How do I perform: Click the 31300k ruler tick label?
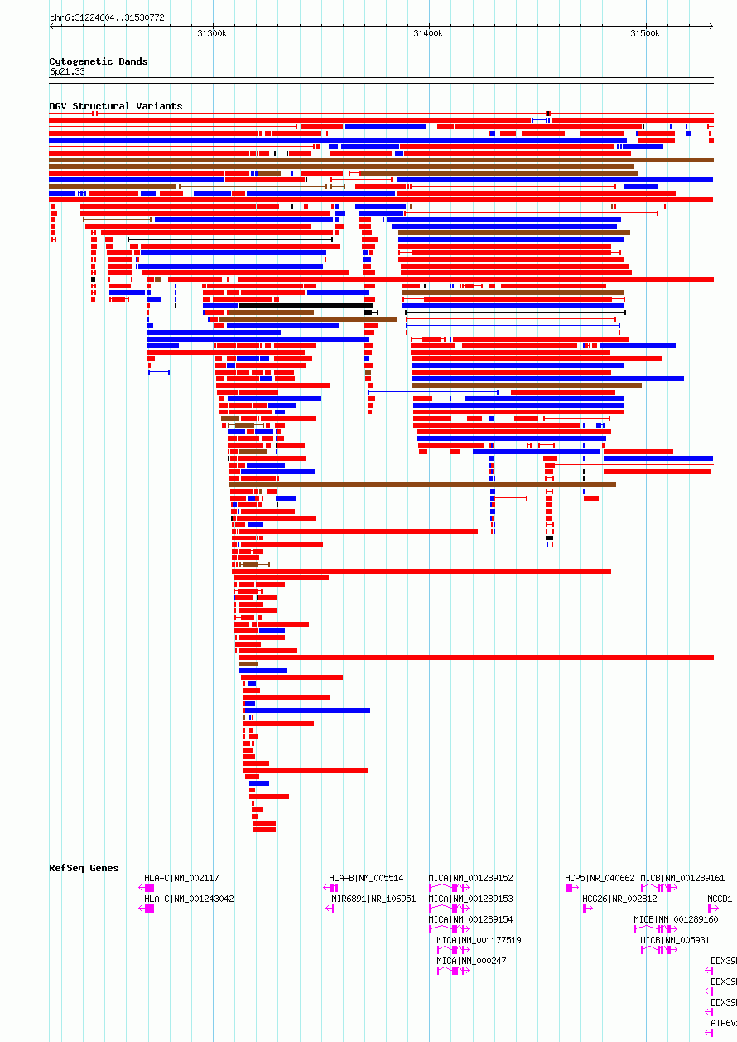point(212,33)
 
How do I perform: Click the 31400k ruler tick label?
point(428,33)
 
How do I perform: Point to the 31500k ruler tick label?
point(645,33)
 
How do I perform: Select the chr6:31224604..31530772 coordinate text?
point(107,17)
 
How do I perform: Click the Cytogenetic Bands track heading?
point(98,61)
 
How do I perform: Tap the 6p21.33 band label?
point(67,72)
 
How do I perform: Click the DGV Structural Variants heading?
point(115,106)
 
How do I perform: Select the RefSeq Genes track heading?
point(84,868)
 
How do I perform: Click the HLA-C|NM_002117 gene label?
point(181,878)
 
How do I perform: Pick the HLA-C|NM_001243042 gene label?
point(189,899)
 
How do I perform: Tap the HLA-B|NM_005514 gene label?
point(366,878)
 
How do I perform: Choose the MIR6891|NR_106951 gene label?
point(373,899)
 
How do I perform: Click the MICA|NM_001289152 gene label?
point(470,878)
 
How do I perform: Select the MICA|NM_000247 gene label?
point(471,961)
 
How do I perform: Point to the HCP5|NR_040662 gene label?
point(600,878)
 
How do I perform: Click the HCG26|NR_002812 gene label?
point(619,899)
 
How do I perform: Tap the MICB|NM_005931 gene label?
point(674,940)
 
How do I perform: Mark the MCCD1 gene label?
point(721,899)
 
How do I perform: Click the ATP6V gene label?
point(723,1023)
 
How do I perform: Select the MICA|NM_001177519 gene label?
point(479,940)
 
